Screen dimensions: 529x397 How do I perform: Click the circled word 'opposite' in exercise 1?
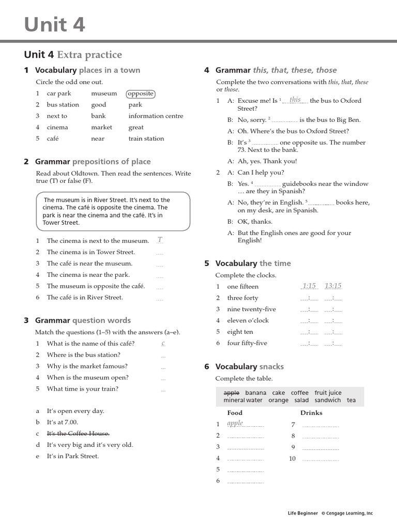pos(140,94)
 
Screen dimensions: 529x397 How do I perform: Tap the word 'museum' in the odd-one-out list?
pos(104,94)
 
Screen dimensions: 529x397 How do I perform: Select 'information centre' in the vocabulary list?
pos(156,116)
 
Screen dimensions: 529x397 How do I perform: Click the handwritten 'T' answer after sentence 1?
pos(160,240)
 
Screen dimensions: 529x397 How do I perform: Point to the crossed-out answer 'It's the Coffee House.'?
pos(78,433)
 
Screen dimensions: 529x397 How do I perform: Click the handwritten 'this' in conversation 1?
pos(295,99)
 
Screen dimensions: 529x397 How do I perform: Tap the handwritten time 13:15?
pos(333,286)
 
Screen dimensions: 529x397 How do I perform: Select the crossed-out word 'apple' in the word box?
pos(231,393)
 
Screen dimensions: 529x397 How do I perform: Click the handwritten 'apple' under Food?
pos(235,423)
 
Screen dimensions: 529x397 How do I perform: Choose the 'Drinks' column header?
pos(311,413)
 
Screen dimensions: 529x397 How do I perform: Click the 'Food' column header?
pos(235,413)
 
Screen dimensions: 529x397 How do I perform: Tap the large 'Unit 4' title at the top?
pos(54,24)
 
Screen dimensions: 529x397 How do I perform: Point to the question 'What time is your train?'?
pos(83,389)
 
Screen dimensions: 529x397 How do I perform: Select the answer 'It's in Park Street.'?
pos(73,456)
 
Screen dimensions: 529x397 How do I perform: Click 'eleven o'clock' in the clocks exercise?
pos(248,320)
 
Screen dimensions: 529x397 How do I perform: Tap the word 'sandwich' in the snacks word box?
pos(328,400)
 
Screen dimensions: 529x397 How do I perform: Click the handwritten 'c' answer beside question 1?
pos(163,343)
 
